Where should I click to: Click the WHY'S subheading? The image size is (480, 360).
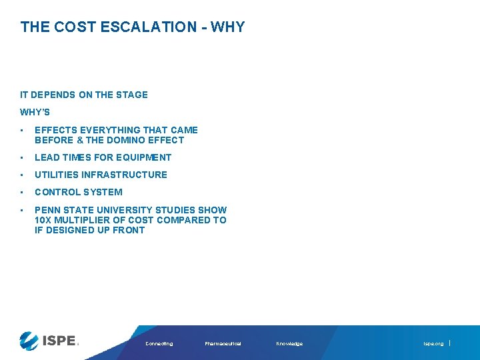(x=35, y=112)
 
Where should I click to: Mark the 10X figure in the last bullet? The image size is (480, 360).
(x=43, y=220)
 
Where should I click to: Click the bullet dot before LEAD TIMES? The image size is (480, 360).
(x=23, y=158)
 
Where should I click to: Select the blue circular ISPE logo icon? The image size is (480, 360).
(x=29, y=341)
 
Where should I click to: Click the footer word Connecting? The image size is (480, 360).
(x=159, y=344)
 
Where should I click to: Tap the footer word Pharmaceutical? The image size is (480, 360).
(x=223, y=344)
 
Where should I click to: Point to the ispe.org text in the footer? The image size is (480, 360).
(x=433, y=344)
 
